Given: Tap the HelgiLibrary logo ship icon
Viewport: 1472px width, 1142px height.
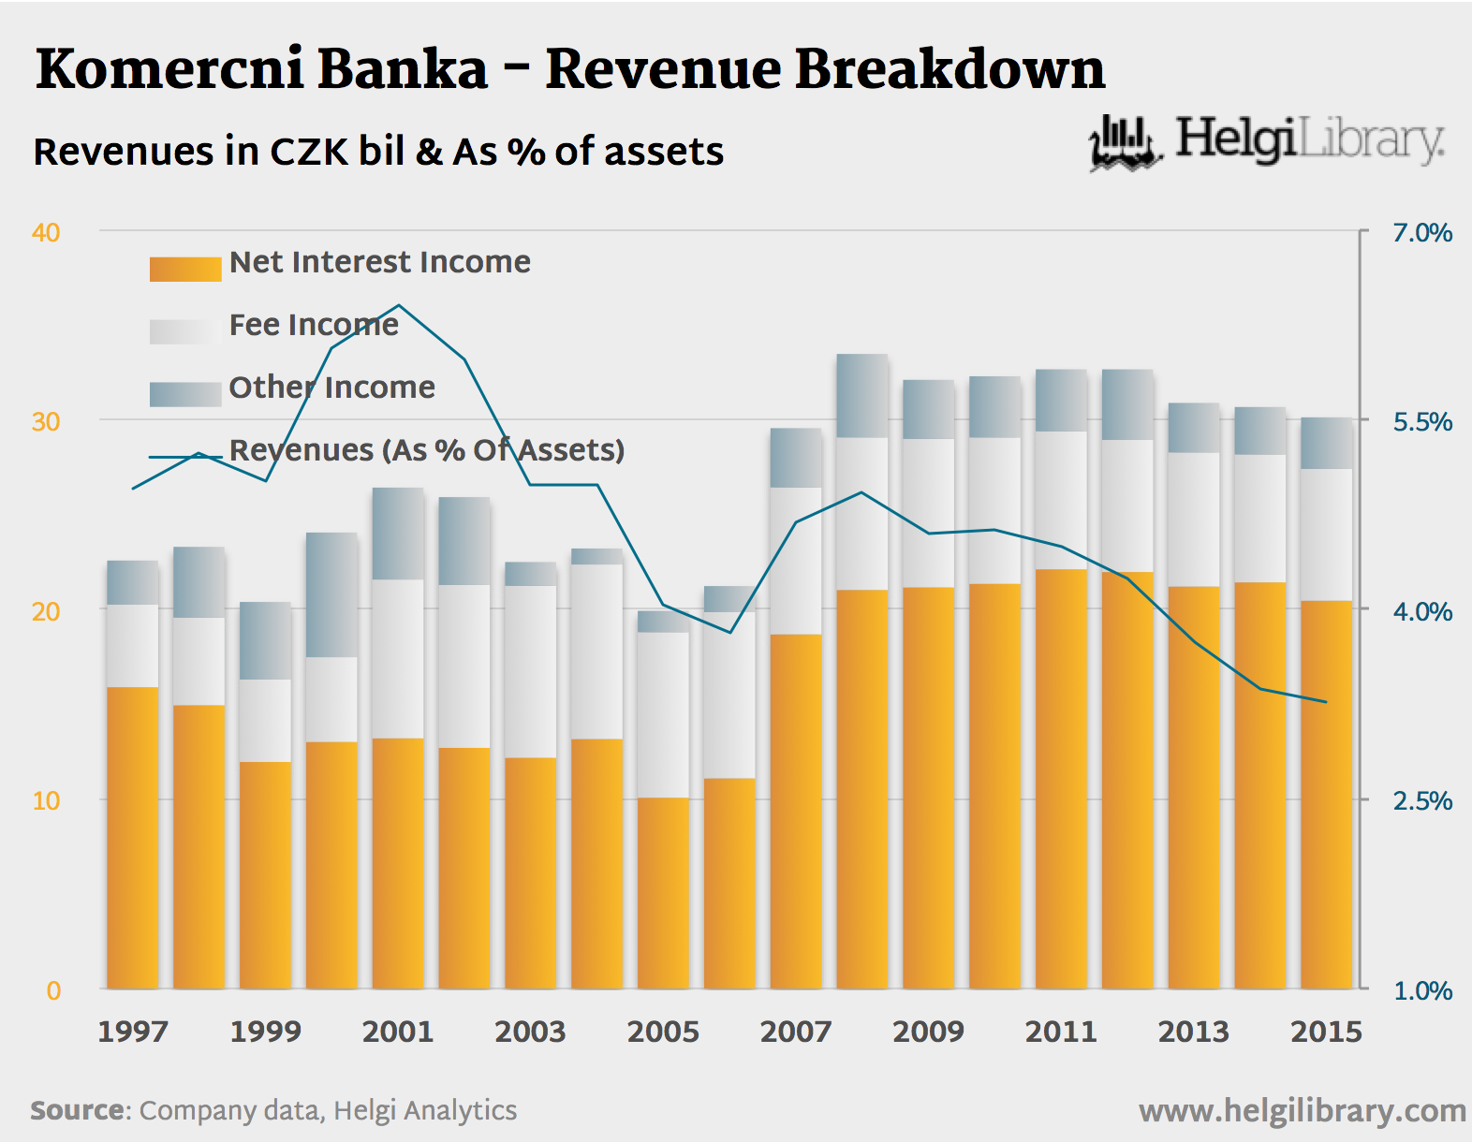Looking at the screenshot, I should tap(1125, 144).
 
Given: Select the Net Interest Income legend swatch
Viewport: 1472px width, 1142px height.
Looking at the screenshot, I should tap(185, 269).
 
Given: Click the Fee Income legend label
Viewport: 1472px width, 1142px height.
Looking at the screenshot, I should tap(314, 325).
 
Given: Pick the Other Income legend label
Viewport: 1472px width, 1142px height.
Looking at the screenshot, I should tap(331, 388).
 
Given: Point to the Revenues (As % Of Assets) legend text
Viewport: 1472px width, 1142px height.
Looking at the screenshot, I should tap(426, 450).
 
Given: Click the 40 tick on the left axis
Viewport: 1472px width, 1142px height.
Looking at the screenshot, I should tap(46, 232).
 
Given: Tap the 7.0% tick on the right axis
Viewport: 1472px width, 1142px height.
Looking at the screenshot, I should tap(1421, 233).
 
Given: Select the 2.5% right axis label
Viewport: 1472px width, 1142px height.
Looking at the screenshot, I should tap(1421, 801).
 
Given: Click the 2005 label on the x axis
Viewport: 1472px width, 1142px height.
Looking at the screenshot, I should tap(663, 1032).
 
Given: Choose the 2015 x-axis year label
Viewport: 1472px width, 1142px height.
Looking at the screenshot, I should tap(1326, 1032).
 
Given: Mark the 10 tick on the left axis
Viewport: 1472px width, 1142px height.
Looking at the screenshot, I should tap(46, 801).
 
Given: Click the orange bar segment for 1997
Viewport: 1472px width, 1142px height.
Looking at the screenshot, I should tap(133, 838).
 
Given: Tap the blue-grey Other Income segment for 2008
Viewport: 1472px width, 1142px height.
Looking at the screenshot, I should tap(862, 396).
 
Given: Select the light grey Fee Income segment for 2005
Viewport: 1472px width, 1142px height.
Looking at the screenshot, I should tap(663, 714).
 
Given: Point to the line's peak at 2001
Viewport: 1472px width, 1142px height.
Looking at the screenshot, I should tap(399, 305).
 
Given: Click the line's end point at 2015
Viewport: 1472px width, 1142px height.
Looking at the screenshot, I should tap(1326, 702).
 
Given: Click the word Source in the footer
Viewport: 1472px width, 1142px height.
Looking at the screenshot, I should tap(77, 1110).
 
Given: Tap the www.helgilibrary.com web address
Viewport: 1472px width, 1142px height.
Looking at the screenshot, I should tap(1302, 1111).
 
